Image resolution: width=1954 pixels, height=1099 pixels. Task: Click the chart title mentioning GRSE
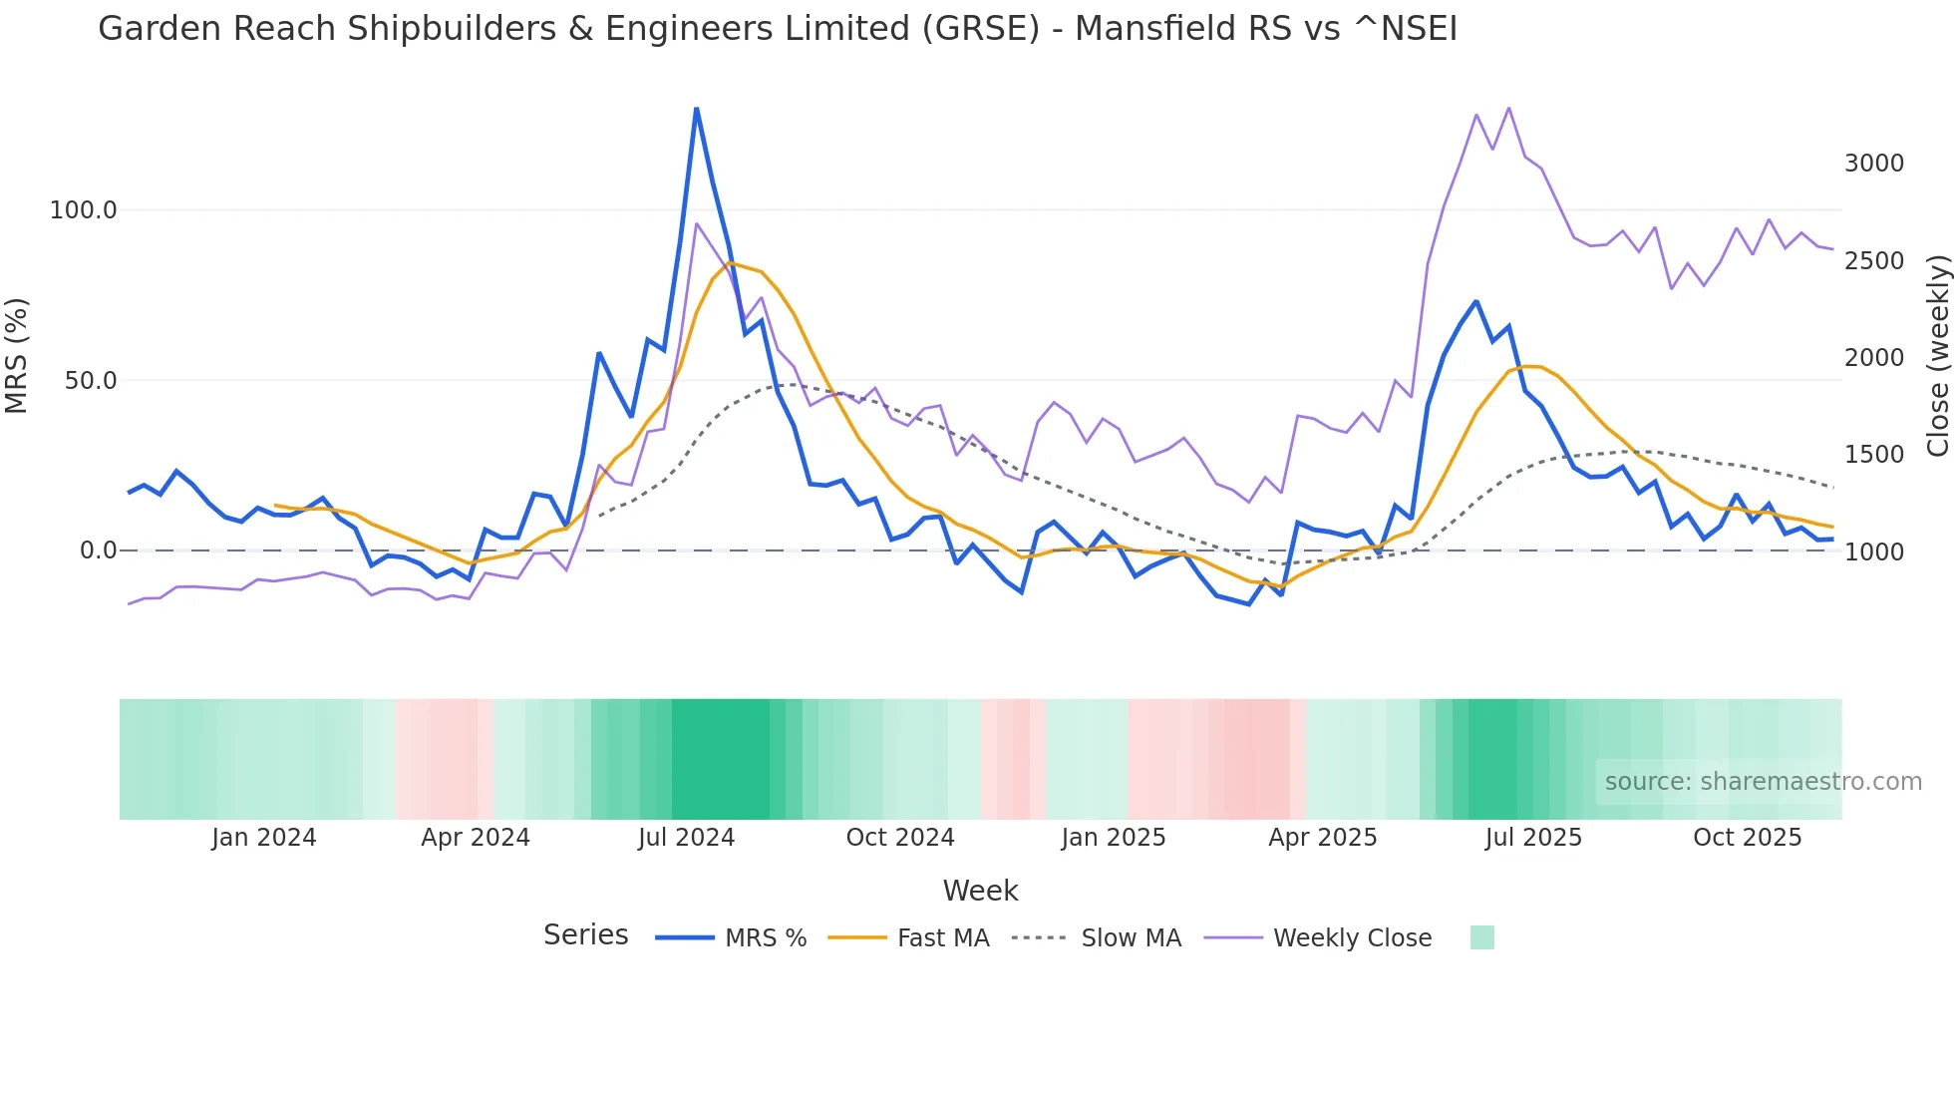tap(777, 29)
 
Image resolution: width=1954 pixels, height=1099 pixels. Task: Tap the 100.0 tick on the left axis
tap(83, 210)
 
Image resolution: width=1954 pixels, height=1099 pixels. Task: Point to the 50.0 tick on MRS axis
tap(90, 381)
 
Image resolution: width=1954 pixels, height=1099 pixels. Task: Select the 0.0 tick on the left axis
tap(98, 550)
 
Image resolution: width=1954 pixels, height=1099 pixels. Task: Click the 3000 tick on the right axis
tap(1873, 164)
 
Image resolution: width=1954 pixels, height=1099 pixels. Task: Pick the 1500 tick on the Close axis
tap(1873, 455)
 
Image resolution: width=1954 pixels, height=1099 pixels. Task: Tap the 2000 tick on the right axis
tap(1873, 358)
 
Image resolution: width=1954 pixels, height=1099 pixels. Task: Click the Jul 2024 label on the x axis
tap(686, 838)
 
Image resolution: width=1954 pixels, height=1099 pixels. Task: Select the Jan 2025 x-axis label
tap(1113, 838)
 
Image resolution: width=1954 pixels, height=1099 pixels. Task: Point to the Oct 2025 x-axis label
tap(1747, 838)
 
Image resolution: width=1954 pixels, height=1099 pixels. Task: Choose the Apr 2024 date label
tap(475, 838)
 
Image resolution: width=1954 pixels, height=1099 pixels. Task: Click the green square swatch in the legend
tap(1481, 937)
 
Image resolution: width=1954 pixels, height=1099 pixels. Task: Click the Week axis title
tap(980, 891)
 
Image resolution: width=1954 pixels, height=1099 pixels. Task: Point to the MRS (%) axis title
tap(16, 355)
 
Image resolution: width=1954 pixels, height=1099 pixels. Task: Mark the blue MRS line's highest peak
tap(696, 109)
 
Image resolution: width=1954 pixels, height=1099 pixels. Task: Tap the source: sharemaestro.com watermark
tap(1763, 782)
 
